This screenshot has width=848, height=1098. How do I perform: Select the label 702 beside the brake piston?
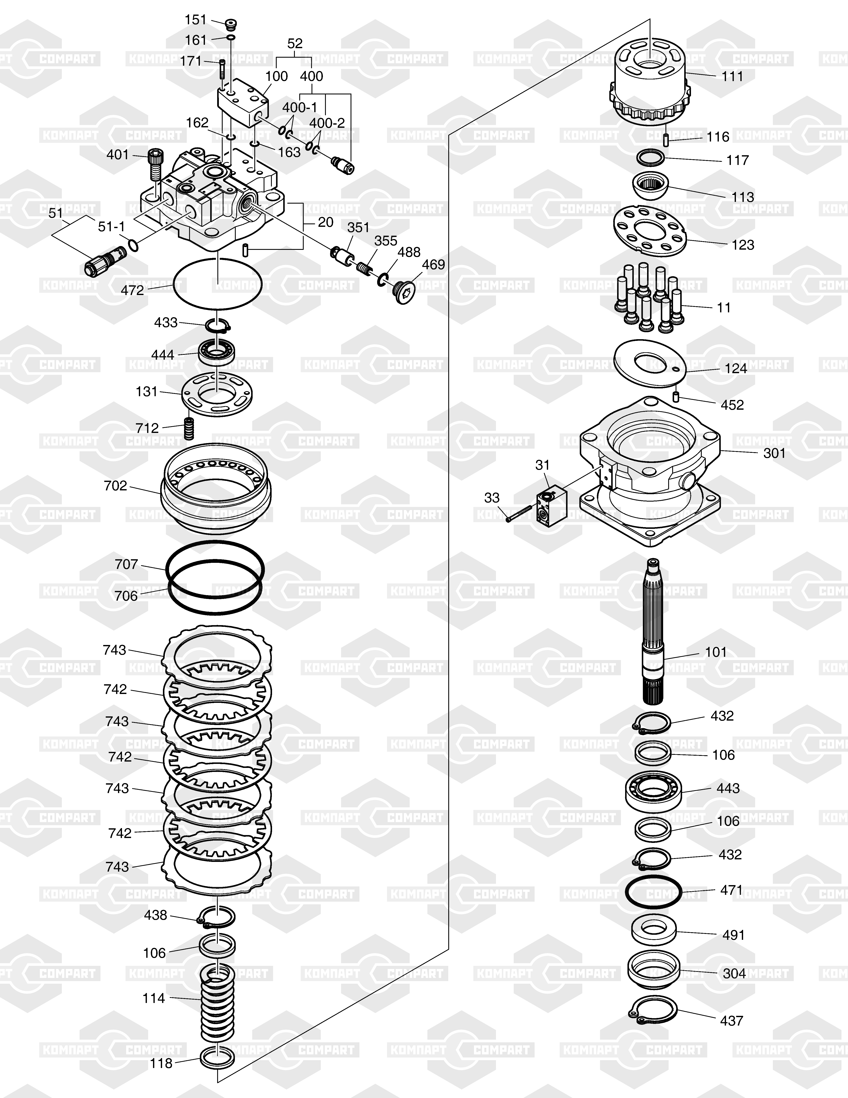click(x=115, y=486)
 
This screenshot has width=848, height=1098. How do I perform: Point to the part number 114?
click(x=154, y=998)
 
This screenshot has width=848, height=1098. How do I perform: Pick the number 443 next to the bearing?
click(x=728, y=788)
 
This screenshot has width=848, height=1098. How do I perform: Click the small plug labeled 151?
click(x=231, y=24)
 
